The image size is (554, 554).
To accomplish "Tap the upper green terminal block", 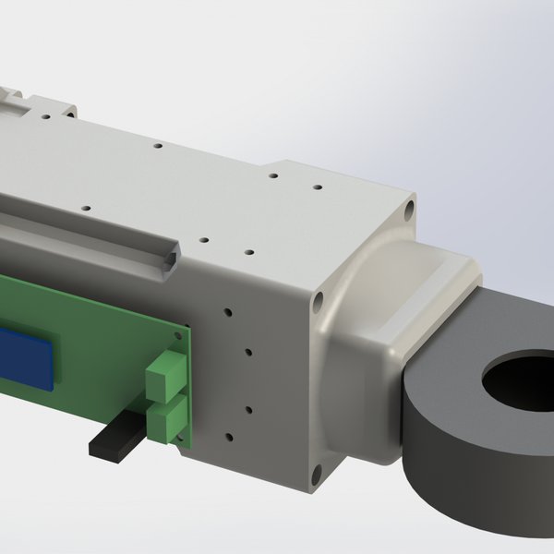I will click(163, 373).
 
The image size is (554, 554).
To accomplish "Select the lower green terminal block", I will click(163, 421).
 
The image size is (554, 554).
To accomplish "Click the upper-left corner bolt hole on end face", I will click(319, 301).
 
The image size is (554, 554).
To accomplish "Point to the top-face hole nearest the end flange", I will click(317, 187).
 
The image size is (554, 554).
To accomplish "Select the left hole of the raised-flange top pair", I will click(273, 175).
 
